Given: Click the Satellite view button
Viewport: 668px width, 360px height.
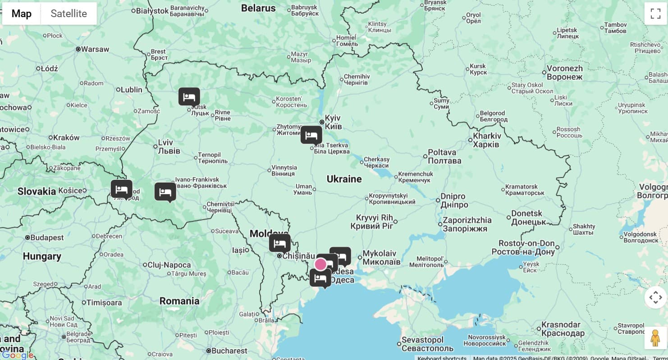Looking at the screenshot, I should (69, 14).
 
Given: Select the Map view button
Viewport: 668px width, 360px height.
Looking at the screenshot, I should (22, 14).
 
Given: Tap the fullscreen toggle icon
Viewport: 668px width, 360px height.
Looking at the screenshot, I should (655, 14).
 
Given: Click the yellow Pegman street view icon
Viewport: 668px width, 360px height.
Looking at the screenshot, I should (655, 338).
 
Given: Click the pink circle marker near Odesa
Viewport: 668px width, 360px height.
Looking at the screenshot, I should (320, 264).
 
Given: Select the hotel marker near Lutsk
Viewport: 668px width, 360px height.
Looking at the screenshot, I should (189, 97).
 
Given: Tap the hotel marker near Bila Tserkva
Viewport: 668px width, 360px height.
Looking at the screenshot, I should (311, 135).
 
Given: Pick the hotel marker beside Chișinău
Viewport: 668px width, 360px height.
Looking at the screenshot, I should (279, 243).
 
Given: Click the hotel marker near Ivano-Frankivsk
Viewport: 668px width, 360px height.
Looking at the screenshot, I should (165, 192).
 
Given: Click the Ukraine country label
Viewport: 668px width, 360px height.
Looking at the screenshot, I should (344, 179).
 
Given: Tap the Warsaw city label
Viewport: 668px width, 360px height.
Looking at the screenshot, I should (95, 49).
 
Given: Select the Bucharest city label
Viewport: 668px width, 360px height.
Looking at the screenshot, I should (229, 351).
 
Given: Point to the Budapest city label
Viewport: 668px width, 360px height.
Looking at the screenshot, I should (47, 237).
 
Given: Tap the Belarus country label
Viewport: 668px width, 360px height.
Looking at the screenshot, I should (258, 8).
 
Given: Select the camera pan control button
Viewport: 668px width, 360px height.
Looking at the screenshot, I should (655, 297).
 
